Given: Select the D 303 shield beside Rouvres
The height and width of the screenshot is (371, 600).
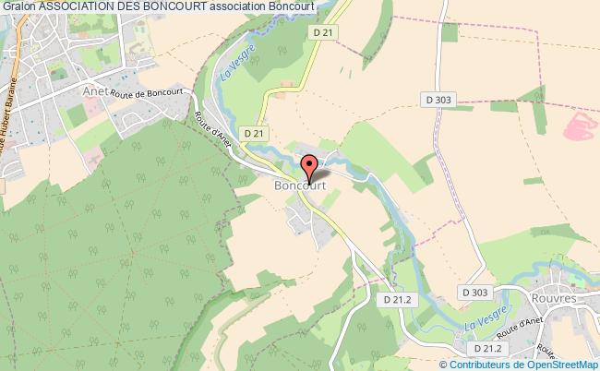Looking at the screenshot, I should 475,293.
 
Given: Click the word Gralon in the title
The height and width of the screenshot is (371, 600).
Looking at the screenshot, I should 18,6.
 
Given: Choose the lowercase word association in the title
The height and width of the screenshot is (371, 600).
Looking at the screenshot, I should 242,6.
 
